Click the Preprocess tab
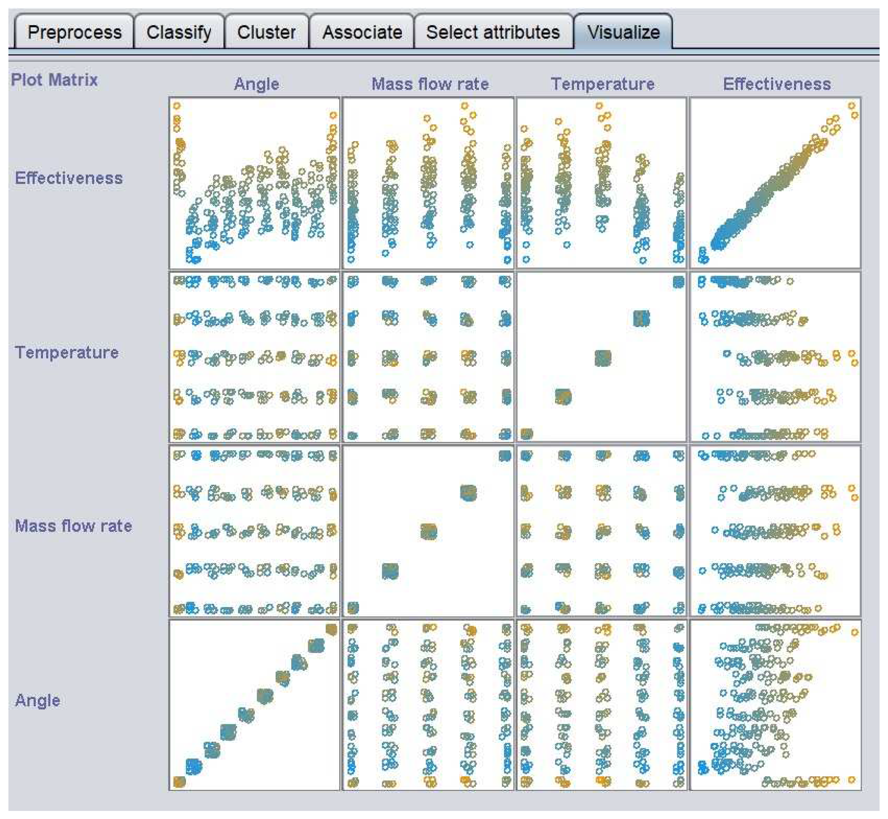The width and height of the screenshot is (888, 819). point(74,32)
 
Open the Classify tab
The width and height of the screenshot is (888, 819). point(179,32)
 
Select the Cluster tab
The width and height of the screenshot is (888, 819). point(266,32)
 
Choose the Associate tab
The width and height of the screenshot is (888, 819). point(362,32)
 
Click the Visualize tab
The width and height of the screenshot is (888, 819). point(623,32)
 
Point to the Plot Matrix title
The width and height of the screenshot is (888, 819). point(54,80)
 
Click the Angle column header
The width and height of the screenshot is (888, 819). point(256,84)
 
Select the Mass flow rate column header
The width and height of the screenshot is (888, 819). point(430,84)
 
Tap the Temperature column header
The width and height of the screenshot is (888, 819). point(602,84)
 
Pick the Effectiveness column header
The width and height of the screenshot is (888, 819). point(776,84)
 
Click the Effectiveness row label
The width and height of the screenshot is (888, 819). point(69,178)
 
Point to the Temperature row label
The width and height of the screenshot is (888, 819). point(66,352)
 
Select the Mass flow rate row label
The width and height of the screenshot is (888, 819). point(73,526)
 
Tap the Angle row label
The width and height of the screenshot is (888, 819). point(37,700)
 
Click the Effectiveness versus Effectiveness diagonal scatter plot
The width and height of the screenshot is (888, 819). point(775,182)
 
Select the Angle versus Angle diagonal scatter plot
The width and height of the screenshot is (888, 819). point(254,705)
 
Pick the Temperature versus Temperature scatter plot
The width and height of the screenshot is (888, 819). point(601,357)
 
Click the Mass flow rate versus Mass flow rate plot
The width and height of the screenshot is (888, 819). point(428,531)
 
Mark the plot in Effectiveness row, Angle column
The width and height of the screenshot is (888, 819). point(254,182)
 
